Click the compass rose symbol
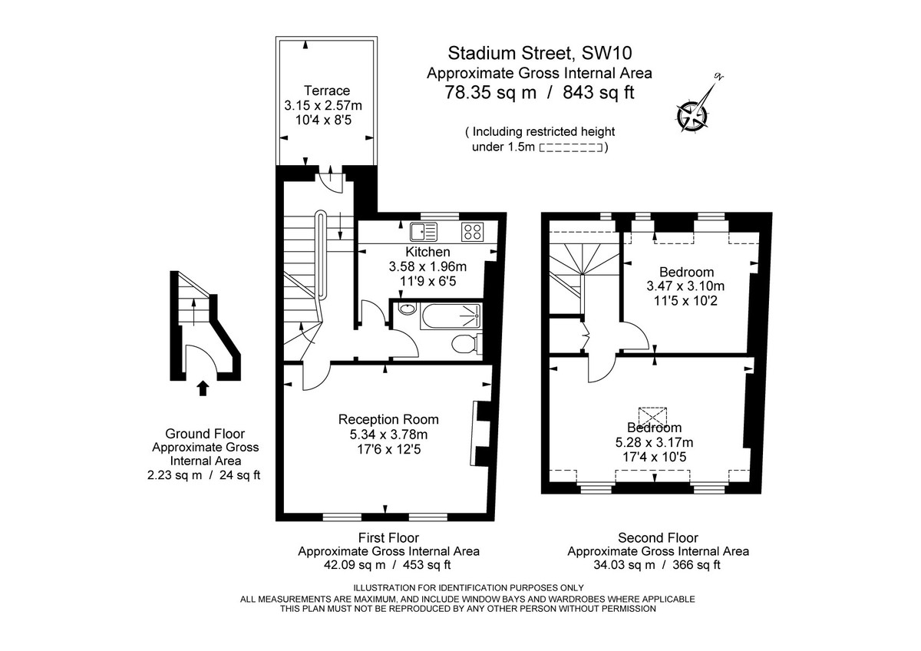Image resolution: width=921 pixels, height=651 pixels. click(693, 113)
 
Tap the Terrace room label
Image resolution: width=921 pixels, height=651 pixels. click(326, 90)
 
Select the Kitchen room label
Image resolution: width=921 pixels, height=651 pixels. click(427, 252)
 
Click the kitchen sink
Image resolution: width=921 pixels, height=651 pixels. click(423, 230)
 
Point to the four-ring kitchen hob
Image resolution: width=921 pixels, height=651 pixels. click(472, 230)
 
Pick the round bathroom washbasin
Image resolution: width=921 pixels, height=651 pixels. click(407, 310)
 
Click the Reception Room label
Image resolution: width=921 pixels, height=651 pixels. click(388, 419)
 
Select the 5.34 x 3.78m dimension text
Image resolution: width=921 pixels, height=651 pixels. click(388, 435)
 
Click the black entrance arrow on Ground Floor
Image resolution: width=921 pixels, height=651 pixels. click(203, 388)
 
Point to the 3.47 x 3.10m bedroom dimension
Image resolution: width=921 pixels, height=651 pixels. click(685, 286)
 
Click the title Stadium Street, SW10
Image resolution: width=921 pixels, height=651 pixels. click(540, 53)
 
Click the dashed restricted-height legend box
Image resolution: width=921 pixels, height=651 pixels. click(571, 147)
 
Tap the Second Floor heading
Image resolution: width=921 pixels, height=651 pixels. click(658, 538)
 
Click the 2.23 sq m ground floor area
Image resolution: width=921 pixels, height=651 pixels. click(173, 474)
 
